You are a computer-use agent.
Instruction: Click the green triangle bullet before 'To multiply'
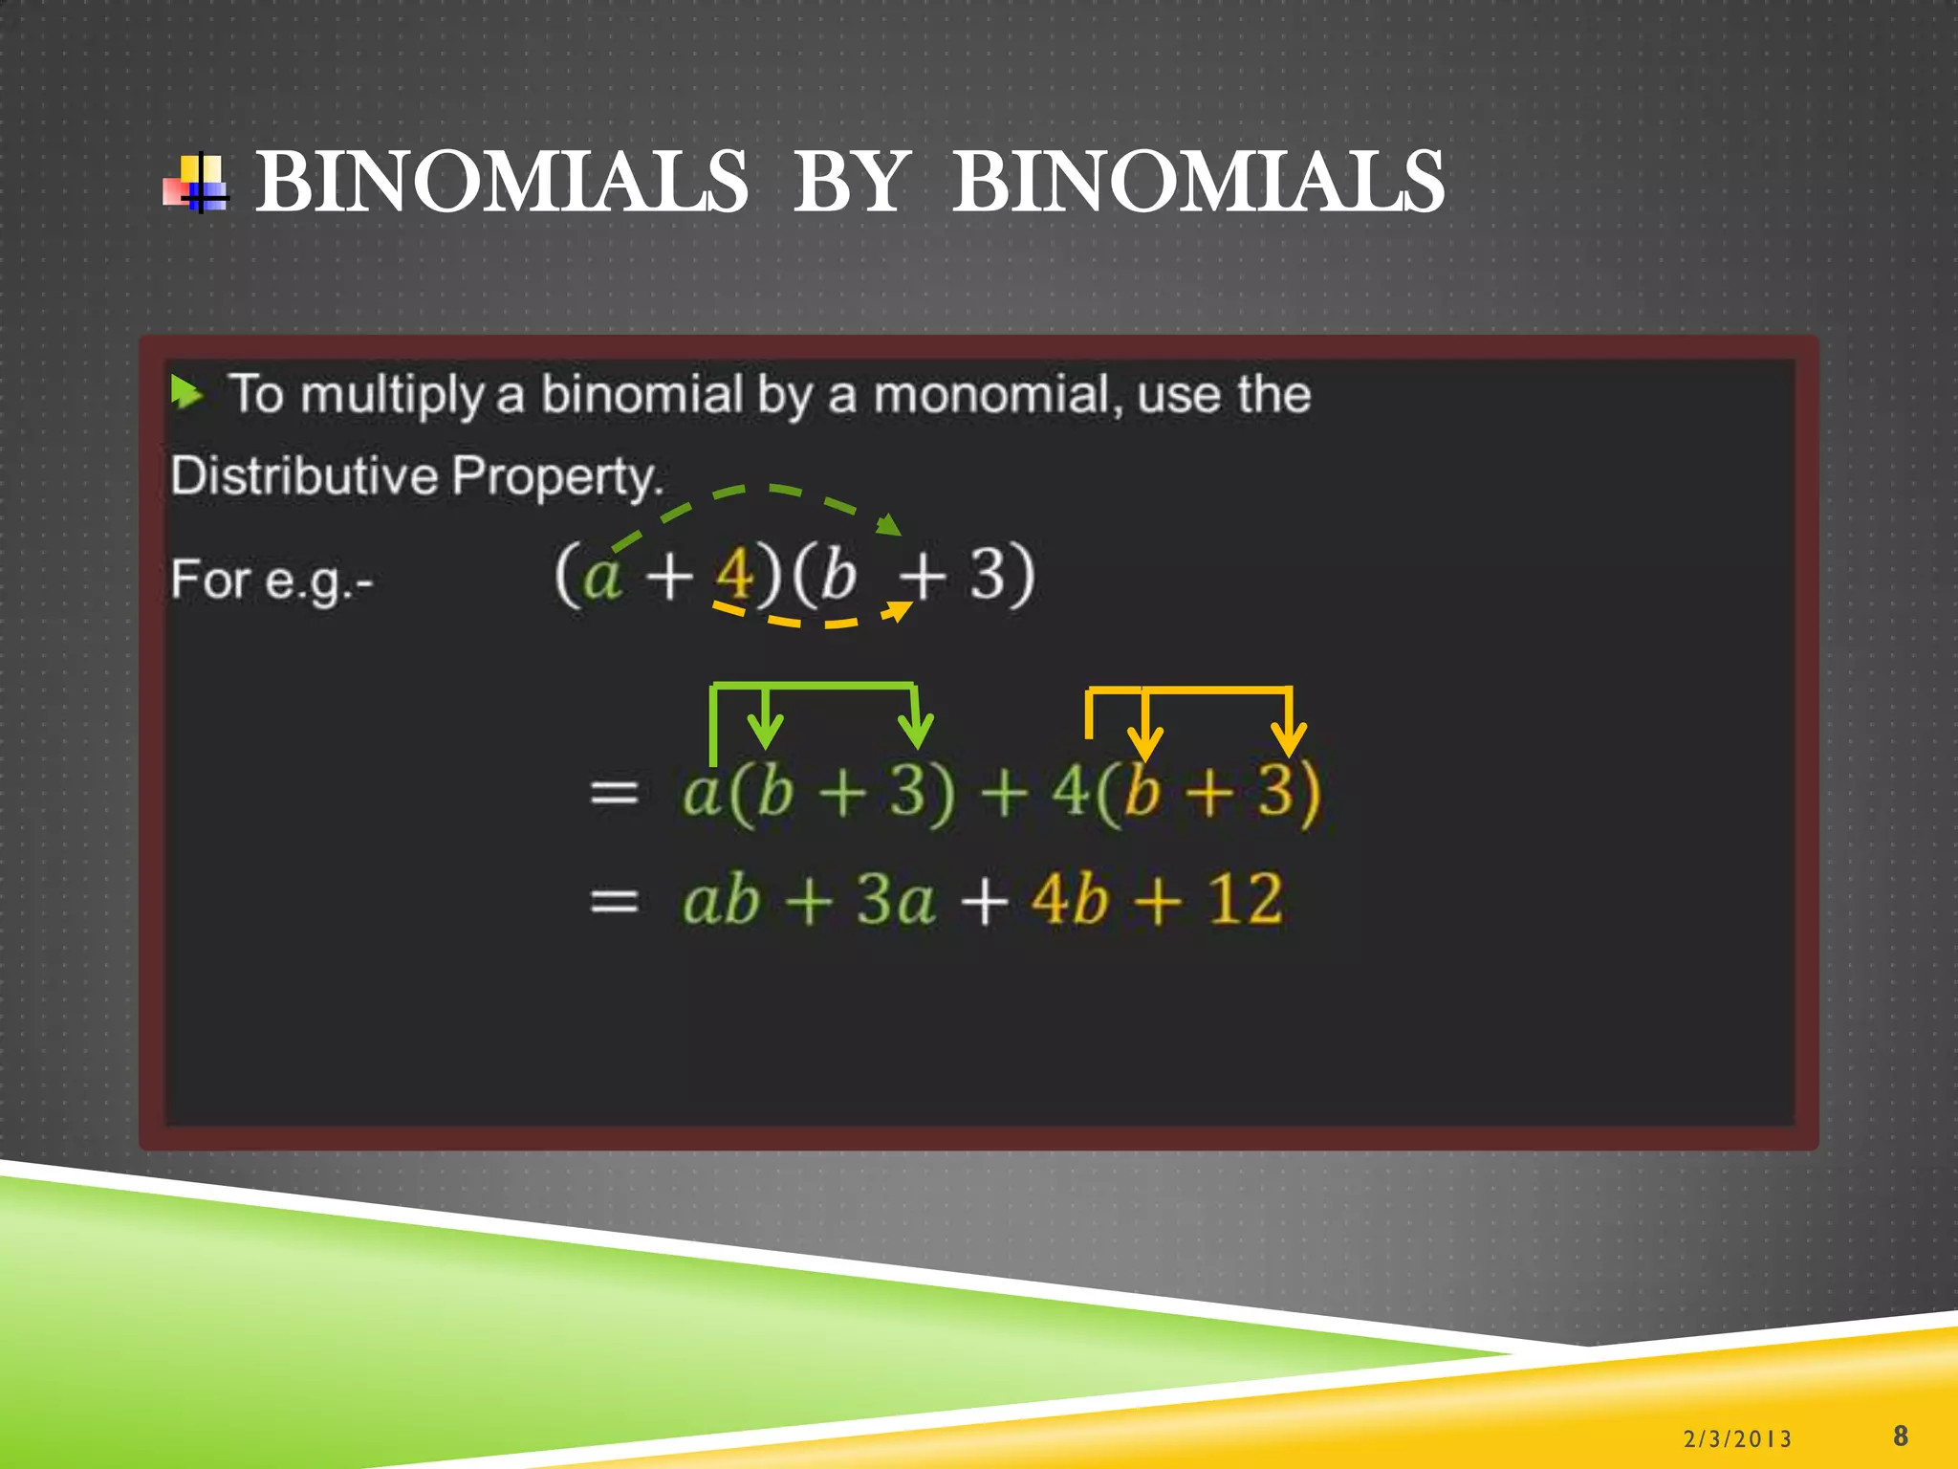click(186, 392)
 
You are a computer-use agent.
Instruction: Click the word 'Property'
click(556, 475)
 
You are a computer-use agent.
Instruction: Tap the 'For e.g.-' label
click(272, 580)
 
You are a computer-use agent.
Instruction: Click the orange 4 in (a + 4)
click(734, 574)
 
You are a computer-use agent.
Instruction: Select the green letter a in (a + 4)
click(602, 576)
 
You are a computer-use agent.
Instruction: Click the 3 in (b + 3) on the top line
click(989, 574)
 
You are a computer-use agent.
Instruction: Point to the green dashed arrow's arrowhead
click(890, 524)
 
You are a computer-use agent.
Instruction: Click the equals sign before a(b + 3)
click(614, 792)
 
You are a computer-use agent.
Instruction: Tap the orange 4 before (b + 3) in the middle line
click(1071, 792)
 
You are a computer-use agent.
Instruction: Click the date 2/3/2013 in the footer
click(1737, 1438)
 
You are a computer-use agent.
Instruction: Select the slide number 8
click(1900, 1436)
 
